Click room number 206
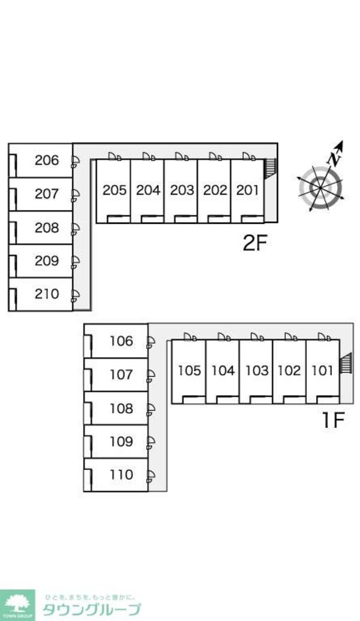[x=47, y=160]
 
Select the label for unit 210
[x=47, y=294]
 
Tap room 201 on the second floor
[x=247, y=190]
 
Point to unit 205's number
[x=114, y=190]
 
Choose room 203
[x=181, y=190]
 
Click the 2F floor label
[x=254, y=244]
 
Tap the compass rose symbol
[x=321, y=187]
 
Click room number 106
[x=121, y=341]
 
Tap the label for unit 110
[x=121, y=475]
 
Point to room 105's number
[x=189, y=371]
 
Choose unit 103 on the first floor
[x=256, y=371]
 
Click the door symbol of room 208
[x=76, y=228]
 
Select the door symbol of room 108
[x=151, y=409]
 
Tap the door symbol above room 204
[x=148, y=156]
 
